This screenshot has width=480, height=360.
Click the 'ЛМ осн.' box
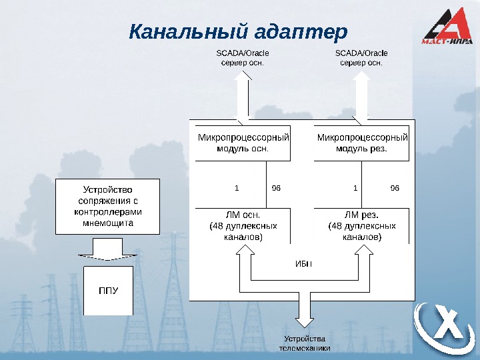point(243,226)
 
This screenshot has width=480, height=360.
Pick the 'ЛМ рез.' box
point(361,226)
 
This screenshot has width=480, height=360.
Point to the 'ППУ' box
point(108,291)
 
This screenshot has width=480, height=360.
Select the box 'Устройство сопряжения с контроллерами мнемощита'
point(108,206)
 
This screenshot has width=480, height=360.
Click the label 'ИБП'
point(303,262)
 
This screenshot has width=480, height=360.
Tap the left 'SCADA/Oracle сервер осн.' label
point(242,57)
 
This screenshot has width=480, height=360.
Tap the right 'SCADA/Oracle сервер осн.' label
point(361,57)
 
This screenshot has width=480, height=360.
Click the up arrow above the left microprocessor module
point(242,97)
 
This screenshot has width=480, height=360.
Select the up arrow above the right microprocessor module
point(361,97)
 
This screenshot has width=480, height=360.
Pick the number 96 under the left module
point(277,188)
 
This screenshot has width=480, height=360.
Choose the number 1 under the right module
point(356,188)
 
